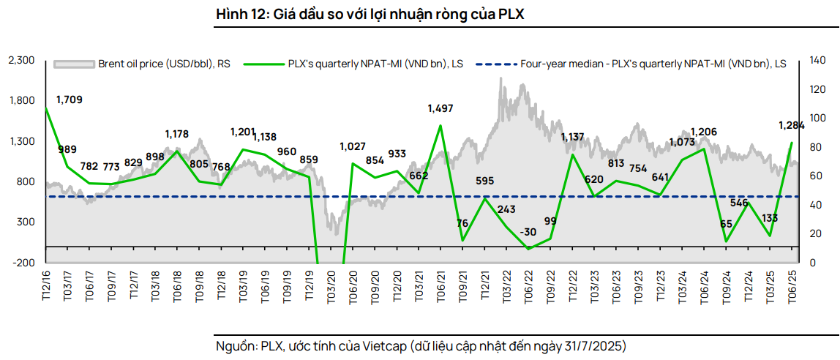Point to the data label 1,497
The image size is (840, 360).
click(440, 108)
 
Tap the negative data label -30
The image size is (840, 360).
click(527, 232)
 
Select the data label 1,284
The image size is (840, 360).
click(791, 125)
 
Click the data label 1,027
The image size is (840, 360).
click(353, 146)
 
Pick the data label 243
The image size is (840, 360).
click(506, 209)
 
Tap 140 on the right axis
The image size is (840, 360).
click(818, 60)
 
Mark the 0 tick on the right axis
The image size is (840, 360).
click(812, 262)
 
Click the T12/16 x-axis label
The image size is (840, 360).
click(47, 284)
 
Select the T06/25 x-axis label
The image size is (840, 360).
click(792, 284)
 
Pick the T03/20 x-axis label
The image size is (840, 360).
click(331, 284)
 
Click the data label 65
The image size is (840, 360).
click(727, 225)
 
